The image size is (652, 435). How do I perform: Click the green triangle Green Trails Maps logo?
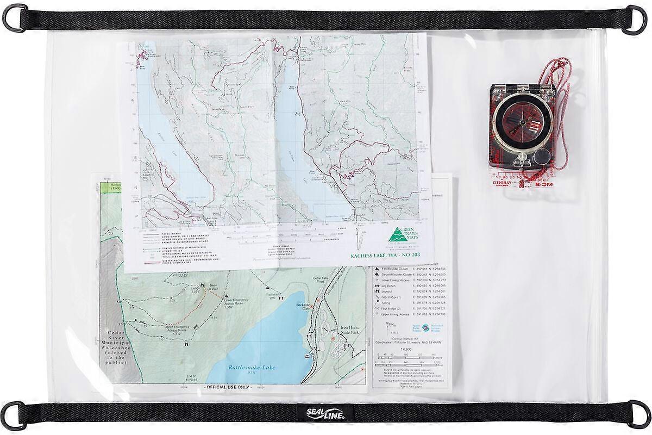point(396,236)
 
